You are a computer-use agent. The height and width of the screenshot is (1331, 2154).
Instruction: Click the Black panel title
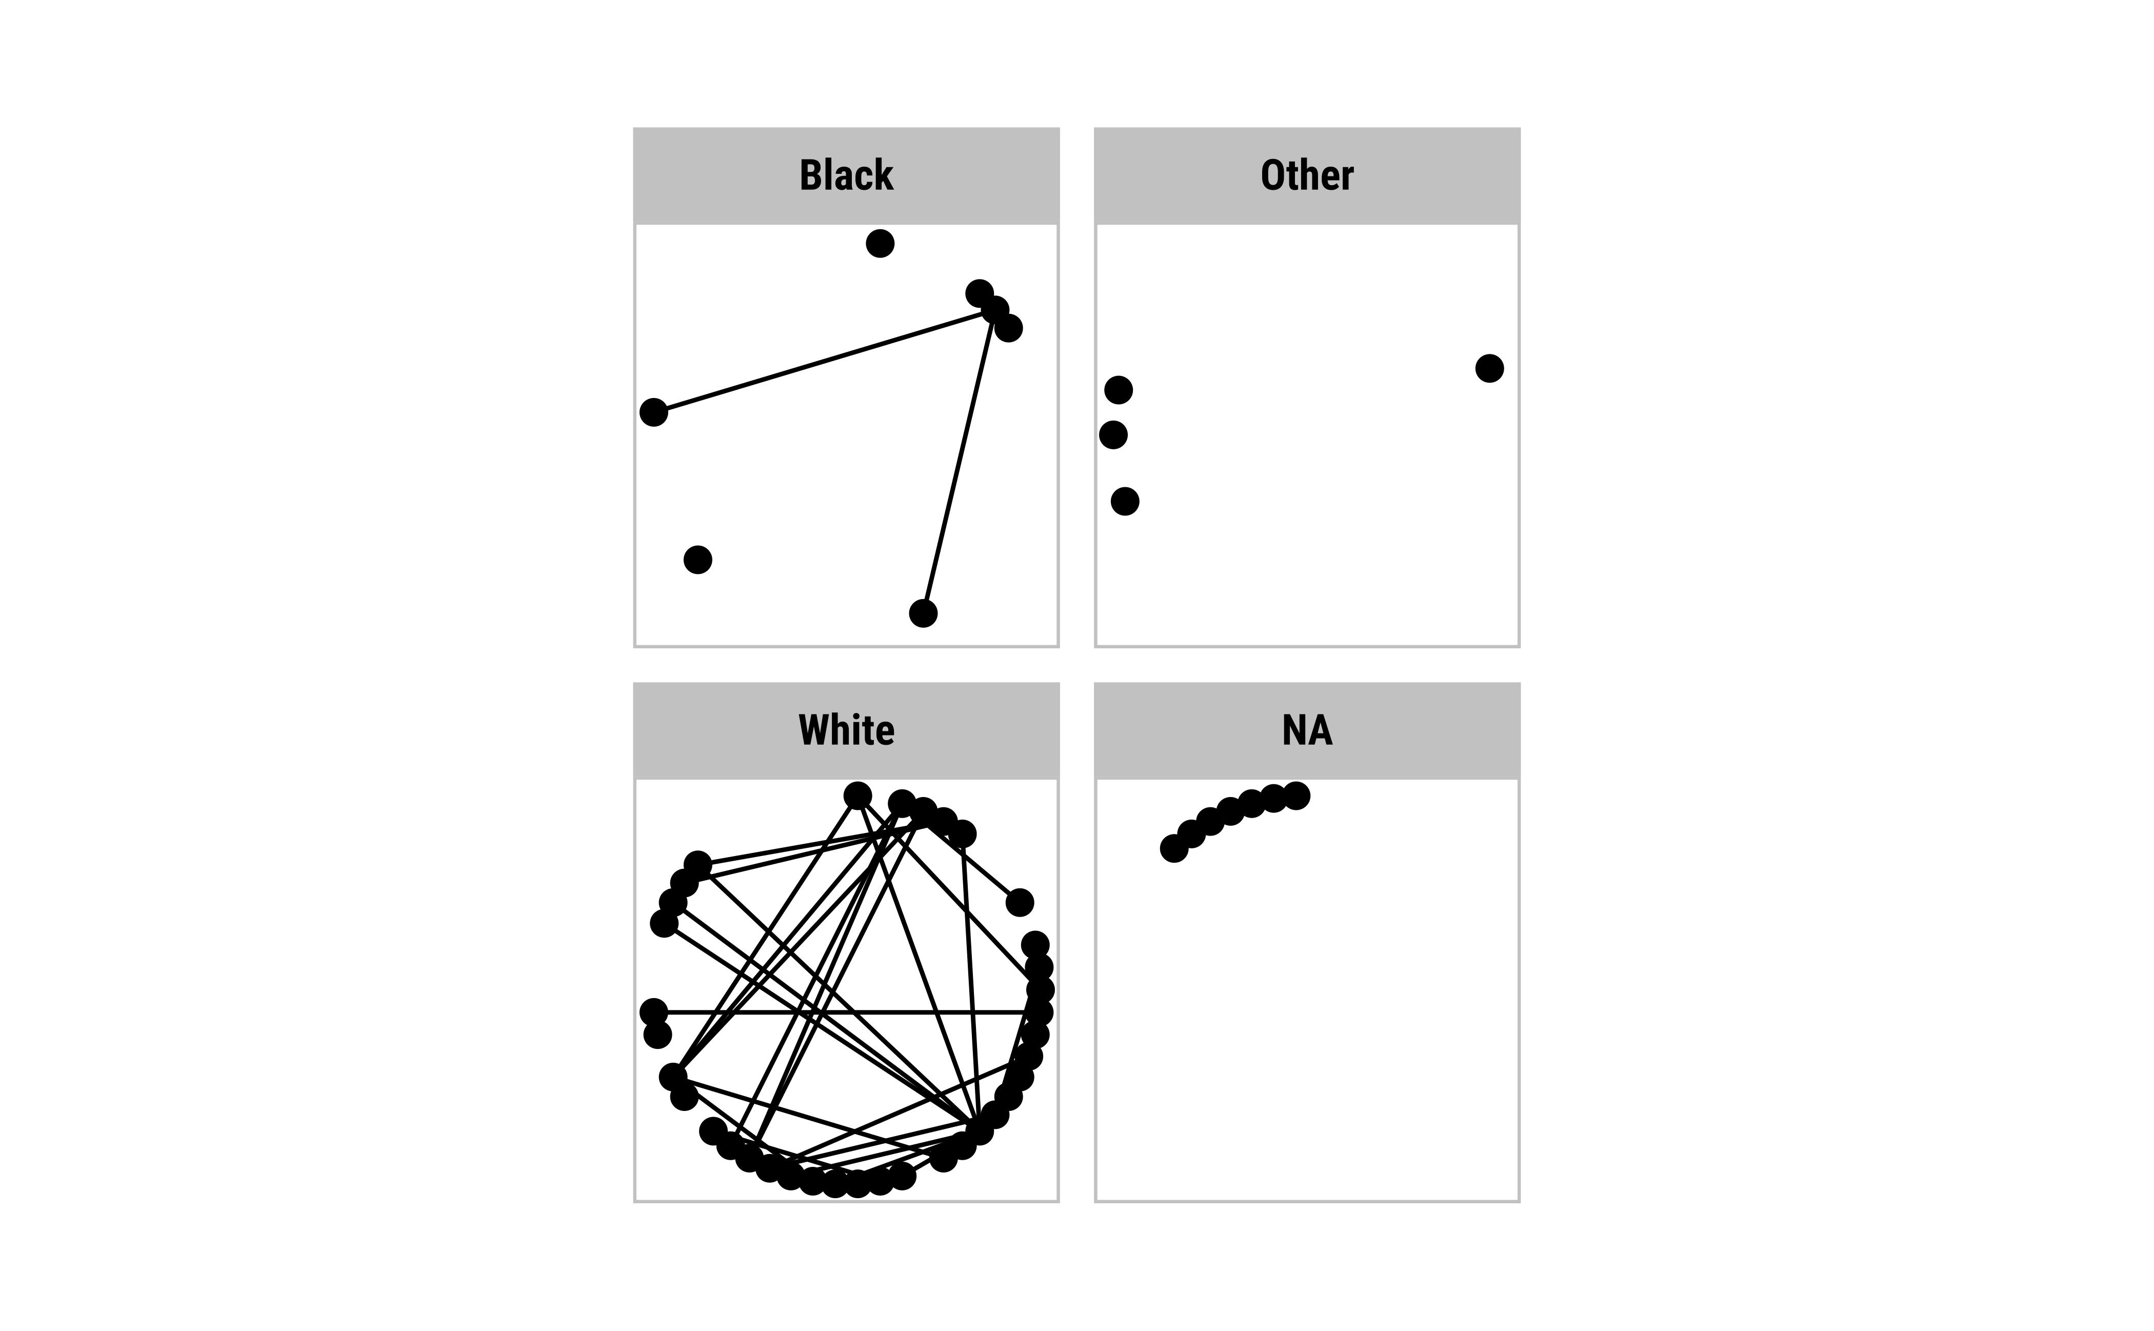point(846,175)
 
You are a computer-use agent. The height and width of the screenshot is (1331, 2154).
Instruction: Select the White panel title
point(846,730)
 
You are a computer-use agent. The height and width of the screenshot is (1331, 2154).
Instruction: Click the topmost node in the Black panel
point(880,243)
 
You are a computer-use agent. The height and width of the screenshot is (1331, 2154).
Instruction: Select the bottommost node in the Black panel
point(923,613)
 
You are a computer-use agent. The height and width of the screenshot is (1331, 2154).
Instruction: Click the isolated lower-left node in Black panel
point(697,559)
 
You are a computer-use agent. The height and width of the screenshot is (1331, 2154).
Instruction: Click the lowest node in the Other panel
point(1124,501)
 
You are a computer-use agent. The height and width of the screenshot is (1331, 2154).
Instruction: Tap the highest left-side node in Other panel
point(1118,389)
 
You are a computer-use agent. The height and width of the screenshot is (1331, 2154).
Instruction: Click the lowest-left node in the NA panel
point(1173,848)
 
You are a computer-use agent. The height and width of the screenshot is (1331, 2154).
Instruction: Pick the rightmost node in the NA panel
point(1296,796)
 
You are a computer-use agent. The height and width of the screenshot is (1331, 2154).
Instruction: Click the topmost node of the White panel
point(857,796)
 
